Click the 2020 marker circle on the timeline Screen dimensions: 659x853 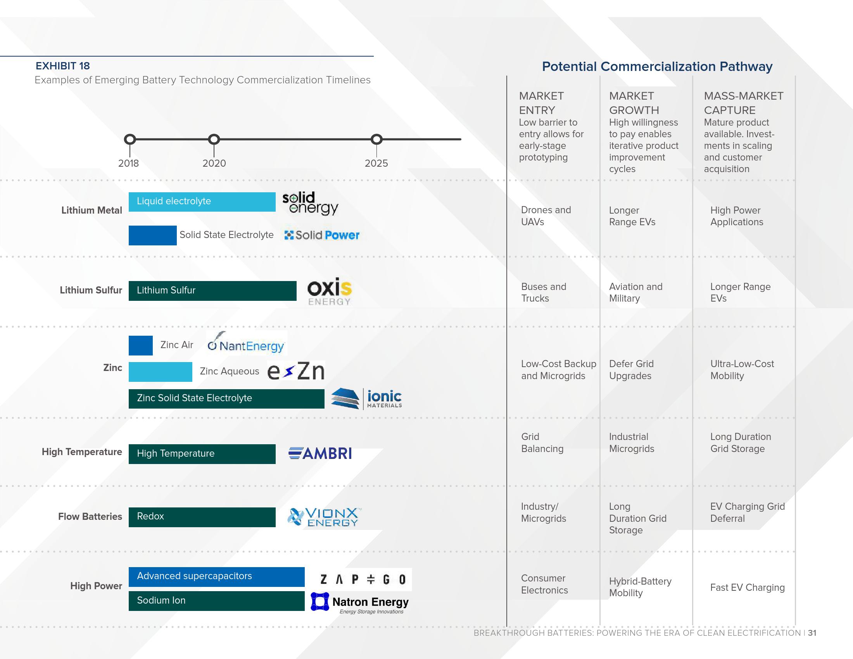coord(214,140)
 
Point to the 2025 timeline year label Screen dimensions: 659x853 coord(376,163)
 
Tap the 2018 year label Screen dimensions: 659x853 coord(128,163)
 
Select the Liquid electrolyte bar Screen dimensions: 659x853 coord(202,202)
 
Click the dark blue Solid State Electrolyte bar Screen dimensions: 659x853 coord(152,235)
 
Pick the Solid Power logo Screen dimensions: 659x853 coord(322,235)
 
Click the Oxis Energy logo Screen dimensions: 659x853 coord(329,291)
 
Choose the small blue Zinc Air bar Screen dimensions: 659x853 coord(141,345)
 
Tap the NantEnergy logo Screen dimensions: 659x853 coord(246,343)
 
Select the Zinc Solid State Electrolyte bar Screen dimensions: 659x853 coord(226,399)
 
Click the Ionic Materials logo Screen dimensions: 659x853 coord(366,399)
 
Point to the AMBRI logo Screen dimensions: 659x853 coord(320,454)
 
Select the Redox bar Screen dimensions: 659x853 coord(202,517)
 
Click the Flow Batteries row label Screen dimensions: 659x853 coord(90,516)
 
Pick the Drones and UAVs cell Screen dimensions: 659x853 coord(546,216)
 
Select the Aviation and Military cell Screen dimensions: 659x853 coord(635,292)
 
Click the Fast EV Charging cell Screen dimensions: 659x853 coord(747,588)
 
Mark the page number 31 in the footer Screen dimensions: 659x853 coord(812,633)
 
